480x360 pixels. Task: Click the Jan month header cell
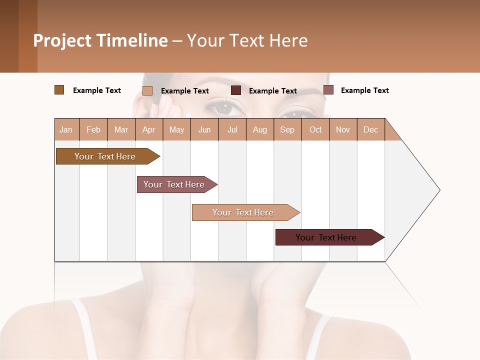(66, 129)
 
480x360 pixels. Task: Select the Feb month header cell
(93, 129)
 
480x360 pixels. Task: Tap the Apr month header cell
(149, 129)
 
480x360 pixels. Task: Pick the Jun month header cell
(204, 129)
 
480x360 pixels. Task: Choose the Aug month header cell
(260, 129)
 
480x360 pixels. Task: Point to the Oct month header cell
(315, 129)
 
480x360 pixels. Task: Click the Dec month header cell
(371, 129)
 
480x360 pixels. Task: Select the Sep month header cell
(287, 129)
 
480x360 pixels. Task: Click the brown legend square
(59, 90)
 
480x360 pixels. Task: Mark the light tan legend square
(147, 90)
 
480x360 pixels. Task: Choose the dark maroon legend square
(236, 90)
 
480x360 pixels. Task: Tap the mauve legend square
(328, 90)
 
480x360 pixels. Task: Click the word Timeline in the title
(131, 40)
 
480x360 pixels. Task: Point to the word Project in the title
(62, 40)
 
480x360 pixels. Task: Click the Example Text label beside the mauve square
(364, 90)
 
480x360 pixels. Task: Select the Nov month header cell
(343, 129)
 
